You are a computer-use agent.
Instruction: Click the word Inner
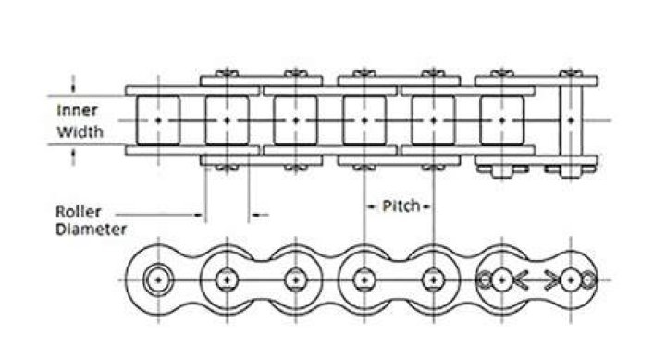(77, 110)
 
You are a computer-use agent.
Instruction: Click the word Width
(80, 131)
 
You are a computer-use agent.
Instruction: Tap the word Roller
(79, 212)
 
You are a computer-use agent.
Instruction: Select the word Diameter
(91, 230)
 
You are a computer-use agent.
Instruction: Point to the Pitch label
(401, 206)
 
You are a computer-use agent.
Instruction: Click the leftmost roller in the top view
(158, 120)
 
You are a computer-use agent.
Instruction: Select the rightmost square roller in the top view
(501, 120)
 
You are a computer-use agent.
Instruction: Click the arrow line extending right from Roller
(159, 215)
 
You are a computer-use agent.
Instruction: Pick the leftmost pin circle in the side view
(158, 280)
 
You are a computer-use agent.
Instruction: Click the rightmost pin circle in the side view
(571, 280)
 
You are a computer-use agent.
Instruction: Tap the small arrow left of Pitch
(372, 207)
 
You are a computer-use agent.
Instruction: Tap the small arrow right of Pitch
(425, 207)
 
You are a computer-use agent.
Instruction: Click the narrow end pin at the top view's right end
(571, 123)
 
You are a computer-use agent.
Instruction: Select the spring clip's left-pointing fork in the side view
(521, 280)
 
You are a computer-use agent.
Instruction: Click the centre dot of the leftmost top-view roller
(158, 120)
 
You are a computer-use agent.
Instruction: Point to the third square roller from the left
(296, 120)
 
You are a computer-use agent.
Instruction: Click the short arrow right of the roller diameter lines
(259, 215)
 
